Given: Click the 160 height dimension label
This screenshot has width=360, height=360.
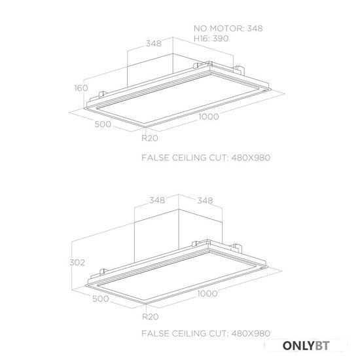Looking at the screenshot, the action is (81, 88).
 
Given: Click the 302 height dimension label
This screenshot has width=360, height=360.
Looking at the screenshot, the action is (77, 262).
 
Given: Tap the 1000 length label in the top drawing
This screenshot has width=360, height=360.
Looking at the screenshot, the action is (208, 117).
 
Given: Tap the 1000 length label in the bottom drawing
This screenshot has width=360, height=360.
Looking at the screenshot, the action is (207, 293).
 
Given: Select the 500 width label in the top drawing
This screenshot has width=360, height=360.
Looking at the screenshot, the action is (103, 124).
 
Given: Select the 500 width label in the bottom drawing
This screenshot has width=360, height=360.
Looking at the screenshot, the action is (101, 298).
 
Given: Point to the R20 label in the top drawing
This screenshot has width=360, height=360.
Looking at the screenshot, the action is (150, 138).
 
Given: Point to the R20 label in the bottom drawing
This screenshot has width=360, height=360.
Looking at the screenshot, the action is (151, 317).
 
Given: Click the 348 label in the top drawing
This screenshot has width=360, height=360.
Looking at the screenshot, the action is (154, 43).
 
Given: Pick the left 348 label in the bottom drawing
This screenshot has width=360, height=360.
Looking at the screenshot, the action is (157, 200).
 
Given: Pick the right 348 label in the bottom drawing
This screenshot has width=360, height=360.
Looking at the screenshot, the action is (205, 201).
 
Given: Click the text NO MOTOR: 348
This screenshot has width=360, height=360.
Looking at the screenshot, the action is (228, 28).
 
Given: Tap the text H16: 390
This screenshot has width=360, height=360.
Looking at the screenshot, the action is (211, 39).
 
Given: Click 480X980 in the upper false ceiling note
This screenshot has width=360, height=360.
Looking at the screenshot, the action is (251, 158).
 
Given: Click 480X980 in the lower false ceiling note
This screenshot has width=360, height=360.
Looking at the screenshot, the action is (251, 333).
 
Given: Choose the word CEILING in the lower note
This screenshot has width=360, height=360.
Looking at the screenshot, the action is (189, 333).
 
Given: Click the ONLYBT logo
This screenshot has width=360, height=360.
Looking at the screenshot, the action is (306, 346).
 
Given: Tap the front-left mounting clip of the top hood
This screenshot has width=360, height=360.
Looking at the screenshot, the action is (103, 94).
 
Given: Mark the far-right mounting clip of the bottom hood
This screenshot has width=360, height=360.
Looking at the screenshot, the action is (238, 248).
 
